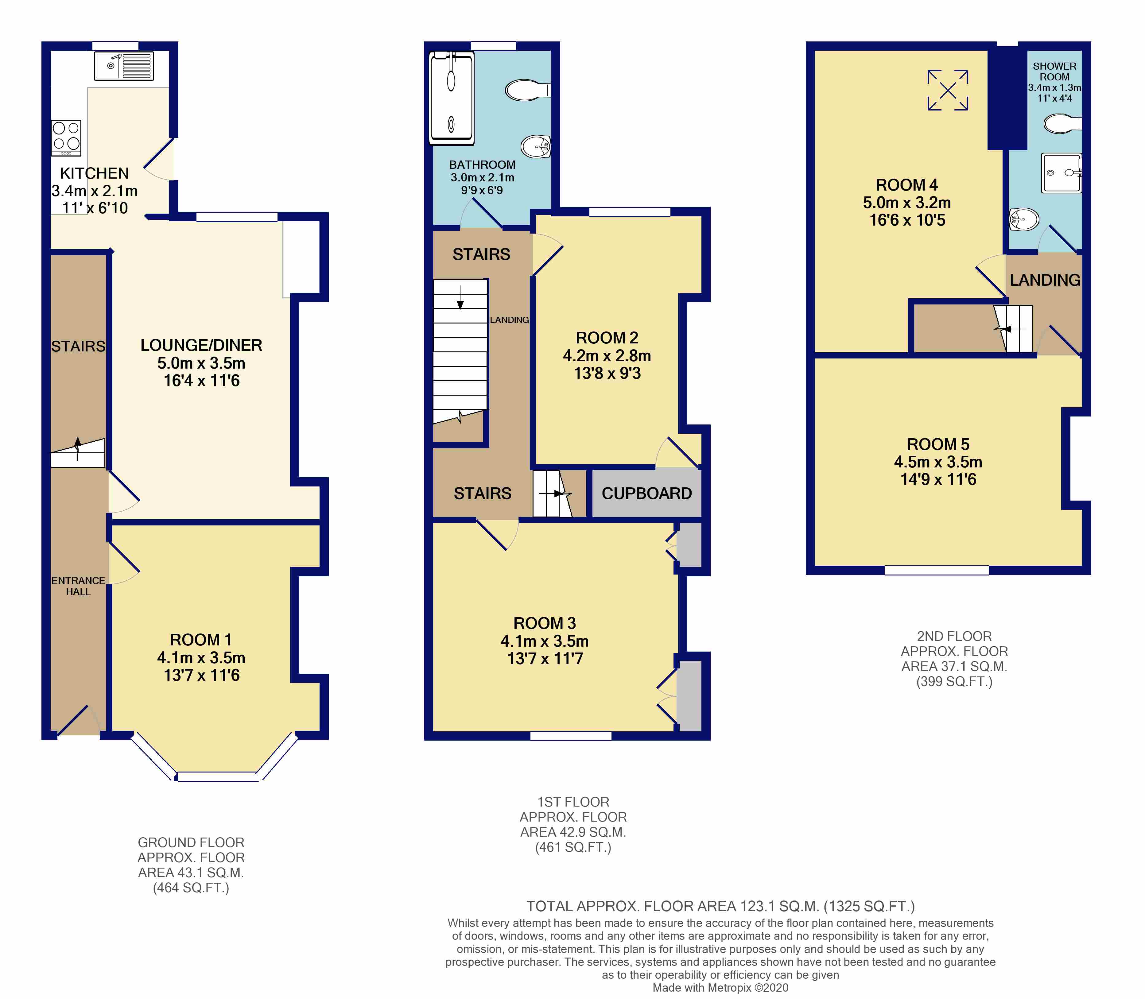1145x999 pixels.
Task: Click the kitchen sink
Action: (x=124, y=66)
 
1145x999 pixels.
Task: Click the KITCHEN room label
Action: (x=94, y=173)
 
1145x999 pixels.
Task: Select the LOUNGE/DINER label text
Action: (x=201, y=345)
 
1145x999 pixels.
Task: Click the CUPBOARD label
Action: (x=647, y=494)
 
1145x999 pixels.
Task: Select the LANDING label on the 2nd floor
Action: (x=1045, y=280)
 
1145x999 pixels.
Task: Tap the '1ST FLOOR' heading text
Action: (x=573, y=802)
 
